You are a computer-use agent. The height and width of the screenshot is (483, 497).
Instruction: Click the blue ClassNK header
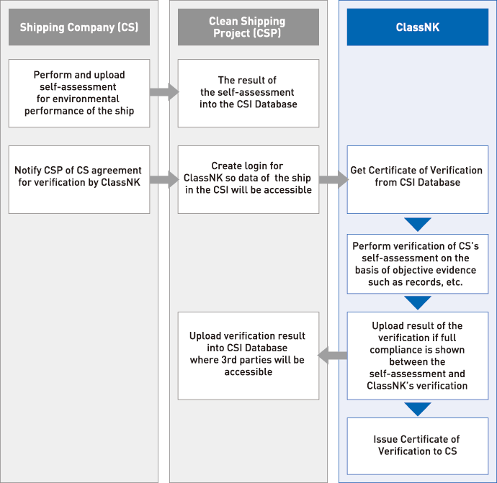pyautogui.click(x=418, y=27)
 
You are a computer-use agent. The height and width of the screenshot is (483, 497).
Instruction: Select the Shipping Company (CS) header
pyautogui.click(x=79, y=27)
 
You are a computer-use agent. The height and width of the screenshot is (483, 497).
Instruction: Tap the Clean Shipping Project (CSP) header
pyautogui.click(x=248, y=27)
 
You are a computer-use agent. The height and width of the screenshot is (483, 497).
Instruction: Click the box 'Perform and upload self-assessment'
pyautogui.click(x=79, y=93)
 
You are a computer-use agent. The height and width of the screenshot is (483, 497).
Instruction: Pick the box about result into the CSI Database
pyautogui.click(x=248, y=93)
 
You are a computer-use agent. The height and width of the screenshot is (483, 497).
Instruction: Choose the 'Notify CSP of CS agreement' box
pyautogui.click(x=79, y=179)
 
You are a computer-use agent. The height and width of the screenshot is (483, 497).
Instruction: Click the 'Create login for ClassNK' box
pyautogui.click(x=248, y=179)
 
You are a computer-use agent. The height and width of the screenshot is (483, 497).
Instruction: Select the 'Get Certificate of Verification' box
pyautogui.click(x=418, y=179)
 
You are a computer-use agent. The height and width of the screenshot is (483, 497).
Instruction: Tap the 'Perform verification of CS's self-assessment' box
pyautogui.click(x=418, y=264)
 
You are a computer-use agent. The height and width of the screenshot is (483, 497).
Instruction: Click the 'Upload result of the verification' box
pyautogui.click(x=418, y=356)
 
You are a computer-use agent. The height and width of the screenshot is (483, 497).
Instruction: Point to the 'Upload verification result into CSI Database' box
pyautogui.click(x=248, y=356)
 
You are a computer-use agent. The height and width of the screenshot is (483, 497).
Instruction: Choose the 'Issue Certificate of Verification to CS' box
pyautogui.click(x=418, y=446)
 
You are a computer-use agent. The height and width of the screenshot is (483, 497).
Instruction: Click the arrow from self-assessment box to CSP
pyautogui.click(x=164, y=92)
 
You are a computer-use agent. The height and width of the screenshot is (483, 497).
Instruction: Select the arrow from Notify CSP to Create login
pyautogui.click(x=164, y=179)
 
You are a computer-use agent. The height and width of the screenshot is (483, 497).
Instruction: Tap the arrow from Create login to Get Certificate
pyautogui.click(x=333, y=179)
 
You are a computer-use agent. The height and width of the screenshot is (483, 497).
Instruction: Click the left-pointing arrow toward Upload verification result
pyautogui.click(x=332, y=356)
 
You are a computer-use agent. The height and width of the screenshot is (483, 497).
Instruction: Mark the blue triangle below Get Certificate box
pyautogui.click(x=418, y=224)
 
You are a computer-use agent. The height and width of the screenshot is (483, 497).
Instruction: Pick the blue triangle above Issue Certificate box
pyautogui.click(x=418, y=409)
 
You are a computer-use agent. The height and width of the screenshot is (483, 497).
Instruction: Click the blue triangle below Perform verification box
pyautogui.click(x=418, y=302)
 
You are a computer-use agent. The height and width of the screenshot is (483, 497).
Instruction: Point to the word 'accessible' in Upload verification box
pyautogui.click(x=248, y=372)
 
